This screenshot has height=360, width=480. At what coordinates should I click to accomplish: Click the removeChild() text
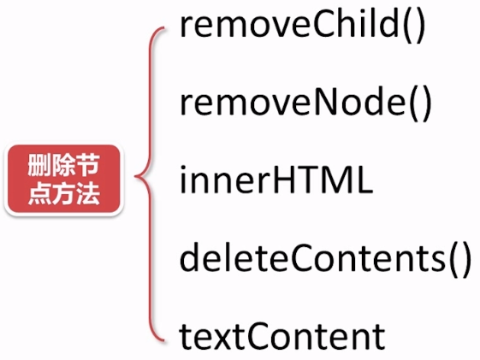click(302, 25)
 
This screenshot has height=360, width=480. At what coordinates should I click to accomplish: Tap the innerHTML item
click(276, 180)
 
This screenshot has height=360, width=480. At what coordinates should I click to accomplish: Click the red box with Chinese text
click(63, 180)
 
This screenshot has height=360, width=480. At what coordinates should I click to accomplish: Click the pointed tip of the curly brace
click(135, 176)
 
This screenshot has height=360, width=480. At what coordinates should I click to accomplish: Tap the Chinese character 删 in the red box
click(39, 165)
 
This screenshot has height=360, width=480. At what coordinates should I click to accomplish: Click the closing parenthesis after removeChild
click(420, 25)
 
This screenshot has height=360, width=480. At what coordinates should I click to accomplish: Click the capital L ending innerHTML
click(364, 180)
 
